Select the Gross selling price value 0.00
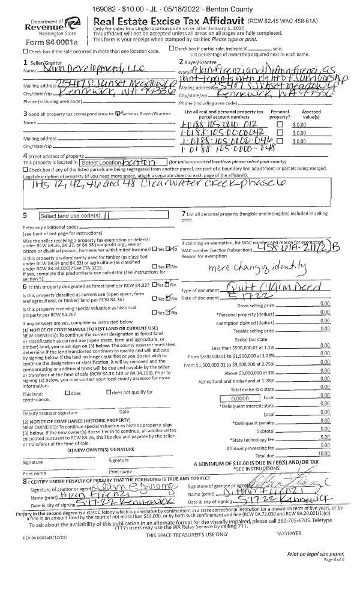[325, 306]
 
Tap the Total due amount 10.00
[323, 453]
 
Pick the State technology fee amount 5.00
[325, 439]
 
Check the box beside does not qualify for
[108, 393]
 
